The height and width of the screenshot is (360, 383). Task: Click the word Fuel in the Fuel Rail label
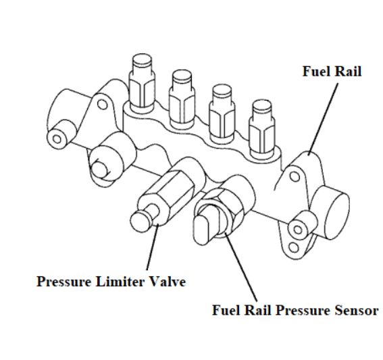(316, 72)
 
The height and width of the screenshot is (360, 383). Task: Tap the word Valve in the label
(168, 282)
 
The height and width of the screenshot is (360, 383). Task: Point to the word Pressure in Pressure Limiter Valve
(64, 282)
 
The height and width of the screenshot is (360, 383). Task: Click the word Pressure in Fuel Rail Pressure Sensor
(303, 310)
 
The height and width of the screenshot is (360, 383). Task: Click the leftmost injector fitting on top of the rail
(142, 82)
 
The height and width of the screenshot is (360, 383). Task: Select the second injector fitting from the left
(182, 98)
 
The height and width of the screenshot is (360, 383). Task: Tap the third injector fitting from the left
(222, 113)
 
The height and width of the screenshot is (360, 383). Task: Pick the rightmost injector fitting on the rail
(261, 129)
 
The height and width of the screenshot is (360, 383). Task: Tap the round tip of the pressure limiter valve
(141, 221)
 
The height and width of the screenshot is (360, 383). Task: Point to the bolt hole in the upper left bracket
(103, 104)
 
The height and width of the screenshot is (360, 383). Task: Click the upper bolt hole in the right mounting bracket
(295, 176)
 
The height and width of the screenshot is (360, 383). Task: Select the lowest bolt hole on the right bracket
(294, 248)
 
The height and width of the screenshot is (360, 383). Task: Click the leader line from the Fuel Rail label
(324, 119)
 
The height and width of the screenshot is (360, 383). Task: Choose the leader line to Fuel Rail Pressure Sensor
(241, 267)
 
